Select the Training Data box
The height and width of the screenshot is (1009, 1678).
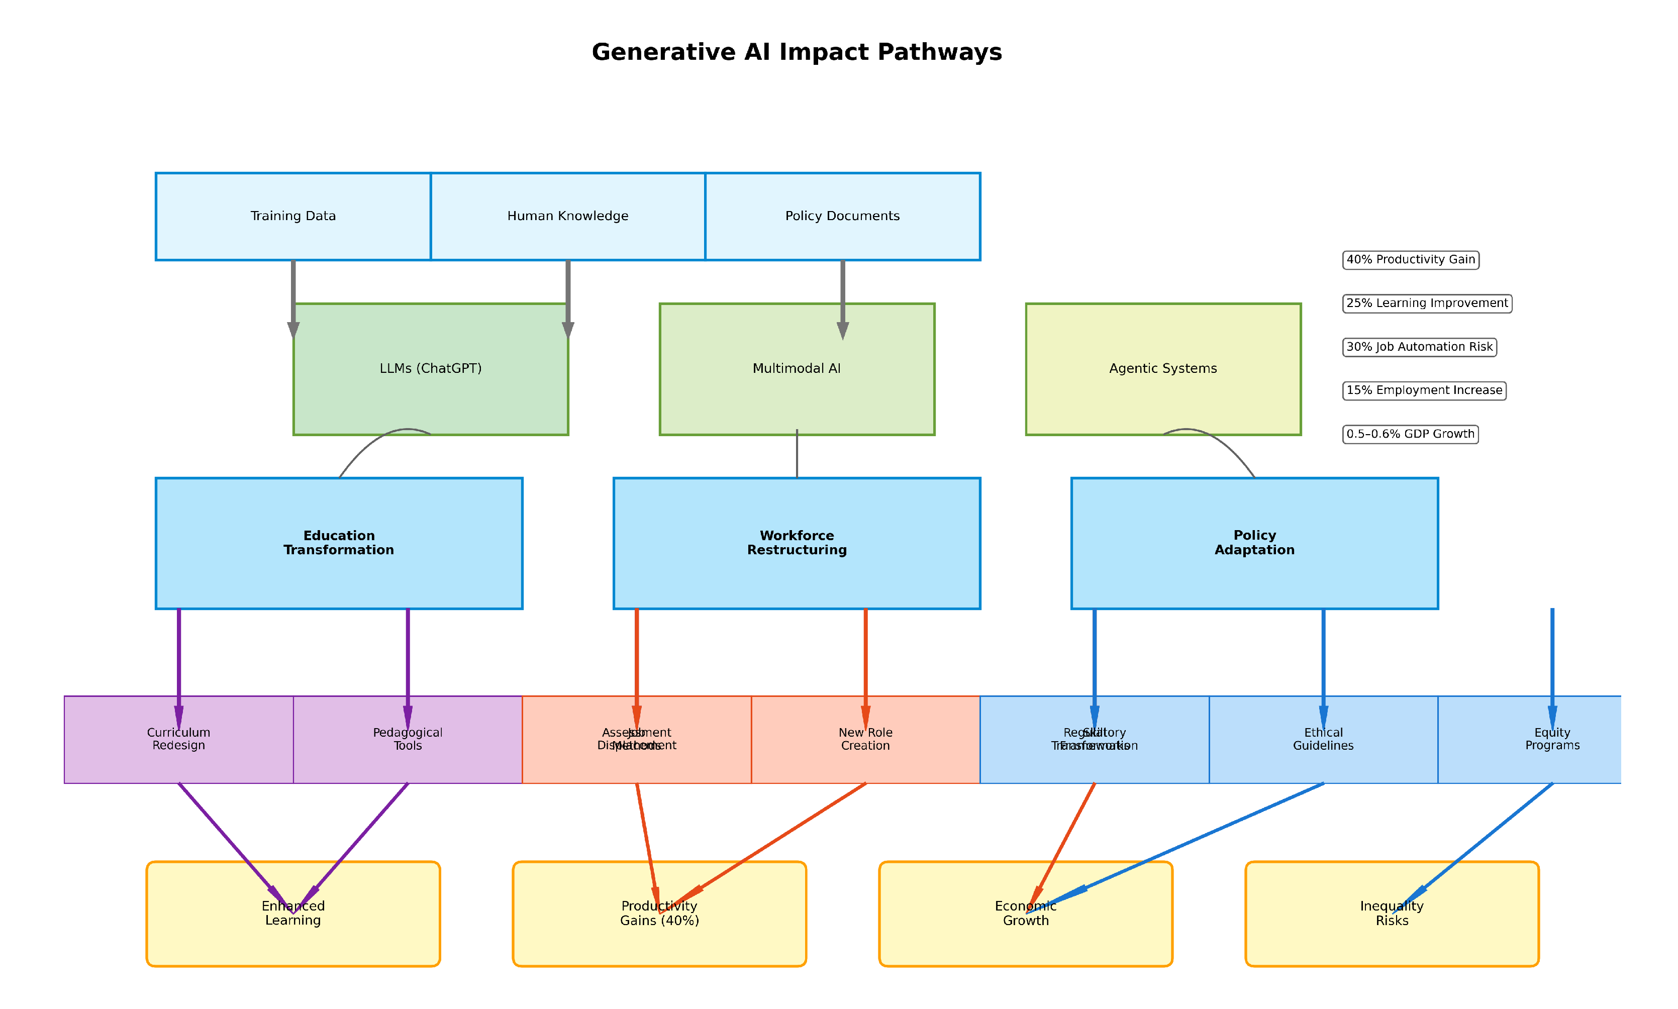click(293, 216)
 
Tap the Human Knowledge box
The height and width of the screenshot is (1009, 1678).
click(568, 216)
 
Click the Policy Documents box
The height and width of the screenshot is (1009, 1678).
click(842, 216)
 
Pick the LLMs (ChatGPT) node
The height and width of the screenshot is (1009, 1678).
click(430, 368)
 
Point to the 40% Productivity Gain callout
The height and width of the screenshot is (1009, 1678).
click(1410, 260)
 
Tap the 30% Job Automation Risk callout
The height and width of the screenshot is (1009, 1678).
click(1419, 347)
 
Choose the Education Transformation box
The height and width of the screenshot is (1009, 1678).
click(339, 543)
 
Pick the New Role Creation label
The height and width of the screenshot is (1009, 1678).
click(865, 739)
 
